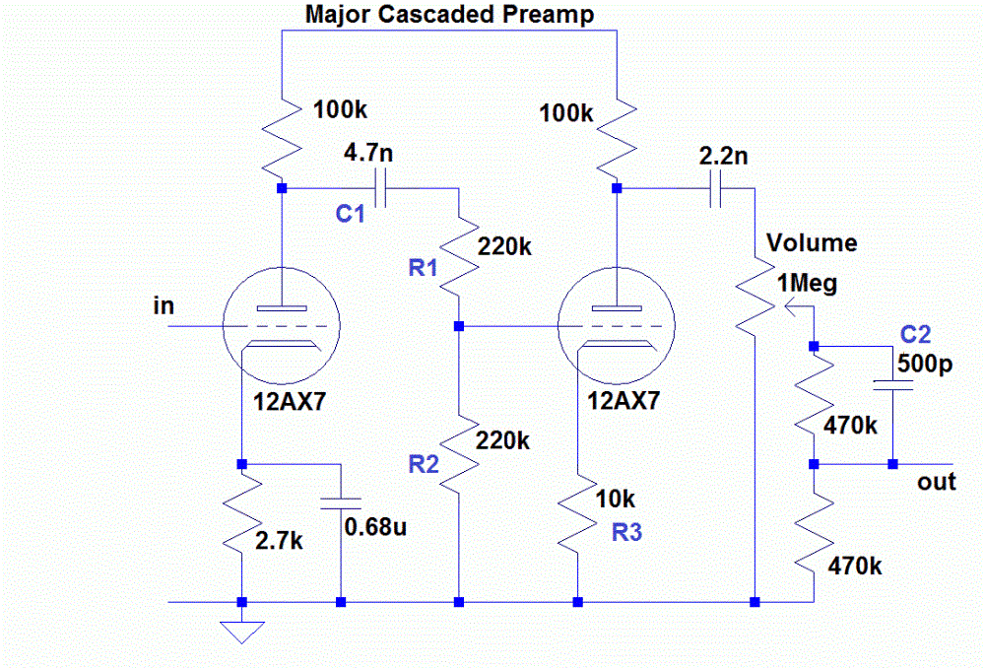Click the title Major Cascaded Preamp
tap(449, 15)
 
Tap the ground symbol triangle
tap(242, 633)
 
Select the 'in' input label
tap(164, 306)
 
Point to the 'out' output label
tap(936, 482)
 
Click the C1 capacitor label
tap(350, 214)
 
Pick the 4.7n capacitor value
tap(368, 153)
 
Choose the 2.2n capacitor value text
tap(723, 156)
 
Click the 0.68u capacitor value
tap(375, 526)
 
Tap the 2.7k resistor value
tap(279, 541)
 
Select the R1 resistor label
tap(423, 268)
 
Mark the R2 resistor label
tap(424, 464)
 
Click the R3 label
tap(626, 532)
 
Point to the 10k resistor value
tap(615, 499)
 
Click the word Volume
tap(812, 242)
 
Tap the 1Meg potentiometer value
tap(808, 284)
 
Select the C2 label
tap(915, 334)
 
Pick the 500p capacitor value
tap(925, 364)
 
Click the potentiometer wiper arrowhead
tap(790, 307)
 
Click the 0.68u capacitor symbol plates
tap(341, 503)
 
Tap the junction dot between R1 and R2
tap(459, 326)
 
